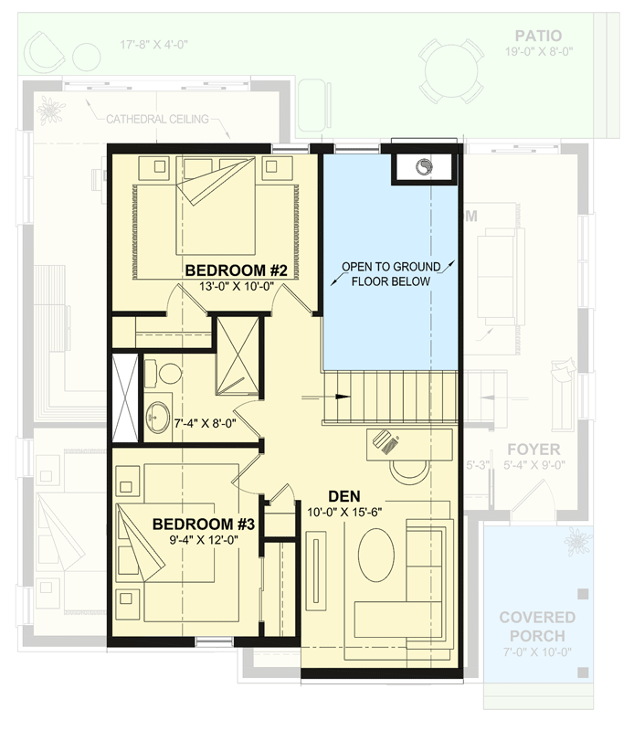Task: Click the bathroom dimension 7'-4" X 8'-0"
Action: click(206, 424)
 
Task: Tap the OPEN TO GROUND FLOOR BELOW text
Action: click(390, 274)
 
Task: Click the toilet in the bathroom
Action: click(166, 373)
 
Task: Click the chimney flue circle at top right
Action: click(425, 167)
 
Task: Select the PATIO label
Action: click(537, 36)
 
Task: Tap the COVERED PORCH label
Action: click(537, 627)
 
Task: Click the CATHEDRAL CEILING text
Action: click(157, 119)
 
